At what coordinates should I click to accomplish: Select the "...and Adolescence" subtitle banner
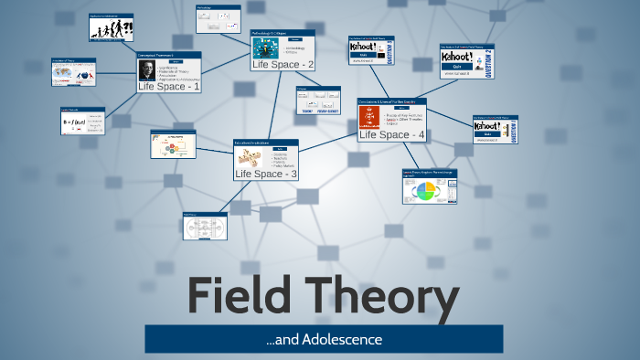tap(324, 340)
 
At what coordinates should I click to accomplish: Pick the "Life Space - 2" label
tap(283, 64)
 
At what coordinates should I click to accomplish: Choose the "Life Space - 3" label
tap(266, 174)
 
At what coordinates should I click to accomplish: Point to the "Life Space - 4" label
tap(391, 134)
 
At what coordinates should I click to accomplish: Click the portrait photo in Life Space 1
tap(144, 71)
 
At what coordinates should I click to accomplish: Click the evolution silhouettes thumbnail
tap(111, 30)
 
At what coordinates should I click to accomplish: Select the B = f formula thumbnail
tap(82, 122)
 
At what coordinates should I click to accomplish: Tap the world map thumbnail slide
tap(73, 73)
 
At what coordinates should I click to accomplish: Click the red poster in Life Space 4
tap(371, 116)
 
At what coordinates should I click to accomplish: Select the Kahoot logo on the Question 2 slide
tap(460, 57)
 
